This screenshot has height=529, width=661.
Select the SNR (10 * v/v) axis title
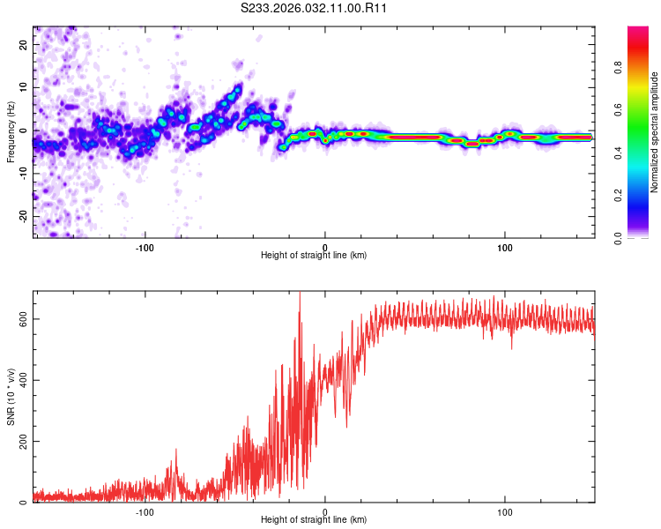click(11, 397)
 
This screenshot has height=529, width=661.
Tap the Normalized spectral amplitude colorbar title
click(655, 132)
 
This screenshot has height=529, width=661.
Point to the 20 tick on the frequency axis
click(24, 44)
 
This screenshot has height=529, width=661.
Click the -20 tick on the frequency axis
click(22, 216)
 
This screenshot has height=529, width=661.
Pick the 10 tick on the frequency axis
click(24, 87)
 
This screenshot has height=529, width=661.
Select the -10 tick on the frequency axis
click(22, 173)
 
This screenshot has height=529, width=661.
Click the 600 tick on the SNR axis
click(24, 318)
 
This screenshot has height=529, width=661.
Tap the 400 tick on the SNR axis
click(24, 380)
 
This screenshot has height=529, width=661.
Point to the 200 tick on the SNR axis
click(24, 441)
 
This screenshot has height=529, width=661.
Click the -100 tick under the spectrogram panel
click(145, 246)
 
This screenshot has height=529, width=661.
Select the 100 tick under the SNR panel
click(505, 511)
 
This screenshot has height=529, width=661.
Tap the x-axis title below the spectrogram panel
click(314, 256)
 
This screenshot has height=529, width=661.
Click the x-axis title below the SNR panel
click(314, 521)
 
